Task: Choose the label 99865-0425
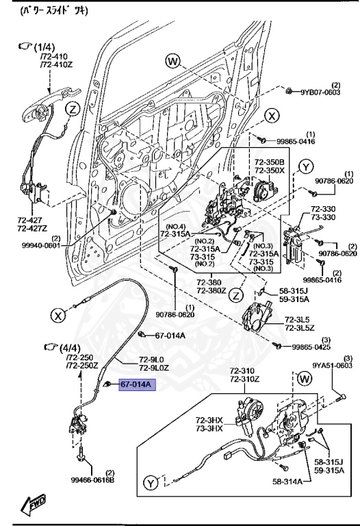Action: (316, 347)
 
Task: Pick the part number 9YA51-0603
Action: (335, 366)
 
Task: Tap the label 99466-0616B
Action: (92, 479)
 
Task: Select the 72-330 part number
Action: (323, 209)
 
